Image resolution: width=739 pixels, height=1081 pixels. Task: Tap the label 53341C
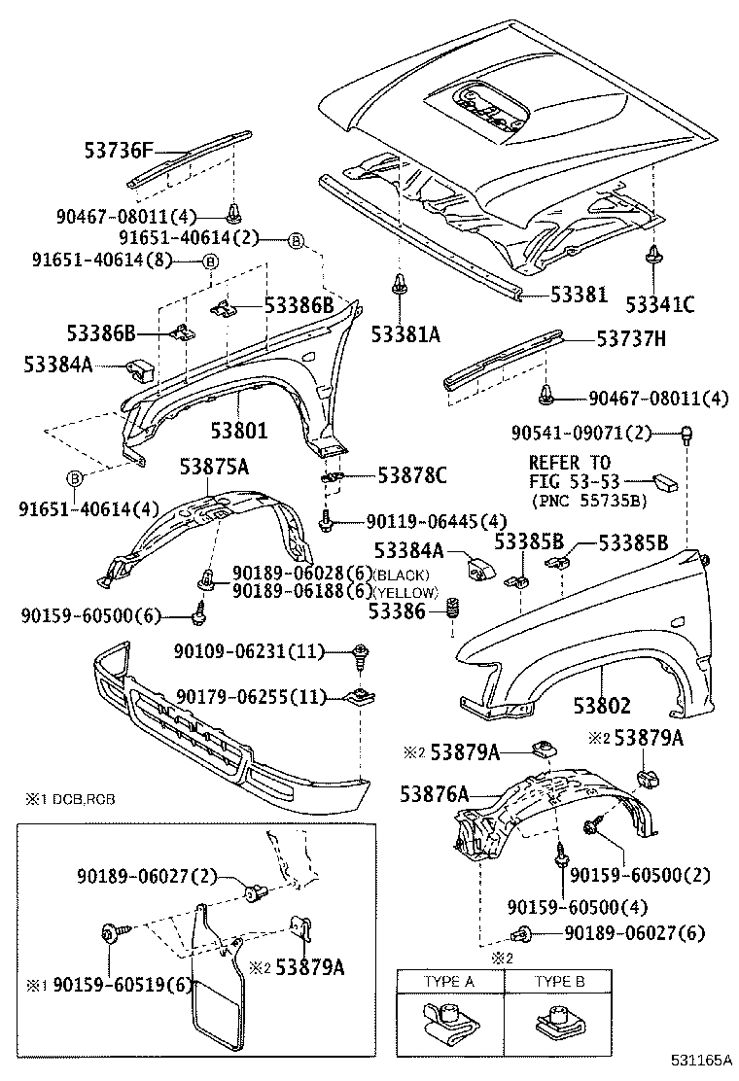coord(659,304)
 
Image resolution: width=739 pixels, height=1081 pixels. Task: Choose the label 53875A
coord(213,467)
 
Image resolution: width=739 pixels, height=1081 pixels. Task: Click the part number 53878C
coord(411,475)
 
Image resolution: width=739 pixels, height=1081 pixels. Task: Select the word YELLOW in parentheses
coord(406,592)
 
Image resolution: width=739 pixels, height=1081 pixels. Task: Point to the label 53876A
coord(434,793)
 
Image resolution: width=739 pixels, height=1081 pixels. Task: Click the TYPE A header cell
coord(448,981)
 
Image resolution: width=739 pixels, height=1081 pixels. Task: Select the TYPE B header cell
coord(559,981)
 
